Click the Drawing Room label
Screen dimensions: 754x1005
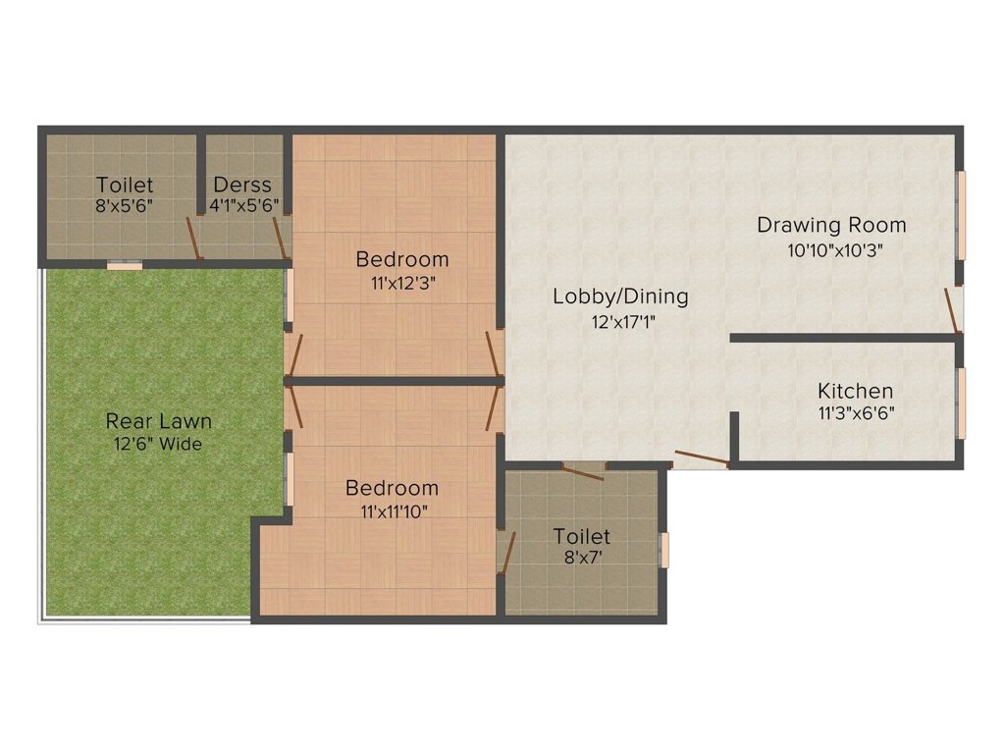click(831, 225)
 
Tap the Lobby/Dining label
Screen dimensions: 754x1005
click(620, 296)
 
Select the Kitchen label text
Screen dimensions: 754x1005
click(856, 391)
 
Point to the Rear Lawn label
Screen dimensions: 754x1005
click(159, 421)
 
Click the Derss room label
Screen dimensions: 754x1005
click(242, 185)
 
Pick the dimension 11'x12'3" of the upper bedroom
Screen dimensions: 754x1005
click(402, 284)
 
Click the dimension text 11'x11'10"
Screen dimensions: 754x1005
click(393, 511)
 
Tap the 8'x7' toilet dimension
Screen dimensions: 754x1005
click(581, 559)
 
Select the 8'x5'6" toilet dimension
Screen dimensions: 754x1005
click(125, 206)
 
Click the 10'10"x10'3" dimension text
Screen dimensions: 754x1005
click(835, 249)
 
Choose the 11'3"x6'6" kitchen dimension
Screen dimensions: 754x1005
click(856, 413)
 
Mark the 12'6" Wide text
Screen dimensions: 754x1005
click(158, 444)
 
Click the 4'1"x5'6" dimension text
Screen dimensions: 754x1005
click(244, 206)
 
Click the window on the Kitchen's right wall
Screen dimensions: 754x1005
click(962, 403)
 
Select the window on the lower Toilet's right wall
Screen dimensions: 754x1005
click(664, 550)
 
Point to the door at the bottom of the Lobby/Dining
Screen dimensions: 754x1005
click(701, 458)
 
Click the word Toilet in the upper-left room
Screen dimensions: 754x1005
click(125, 185)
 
